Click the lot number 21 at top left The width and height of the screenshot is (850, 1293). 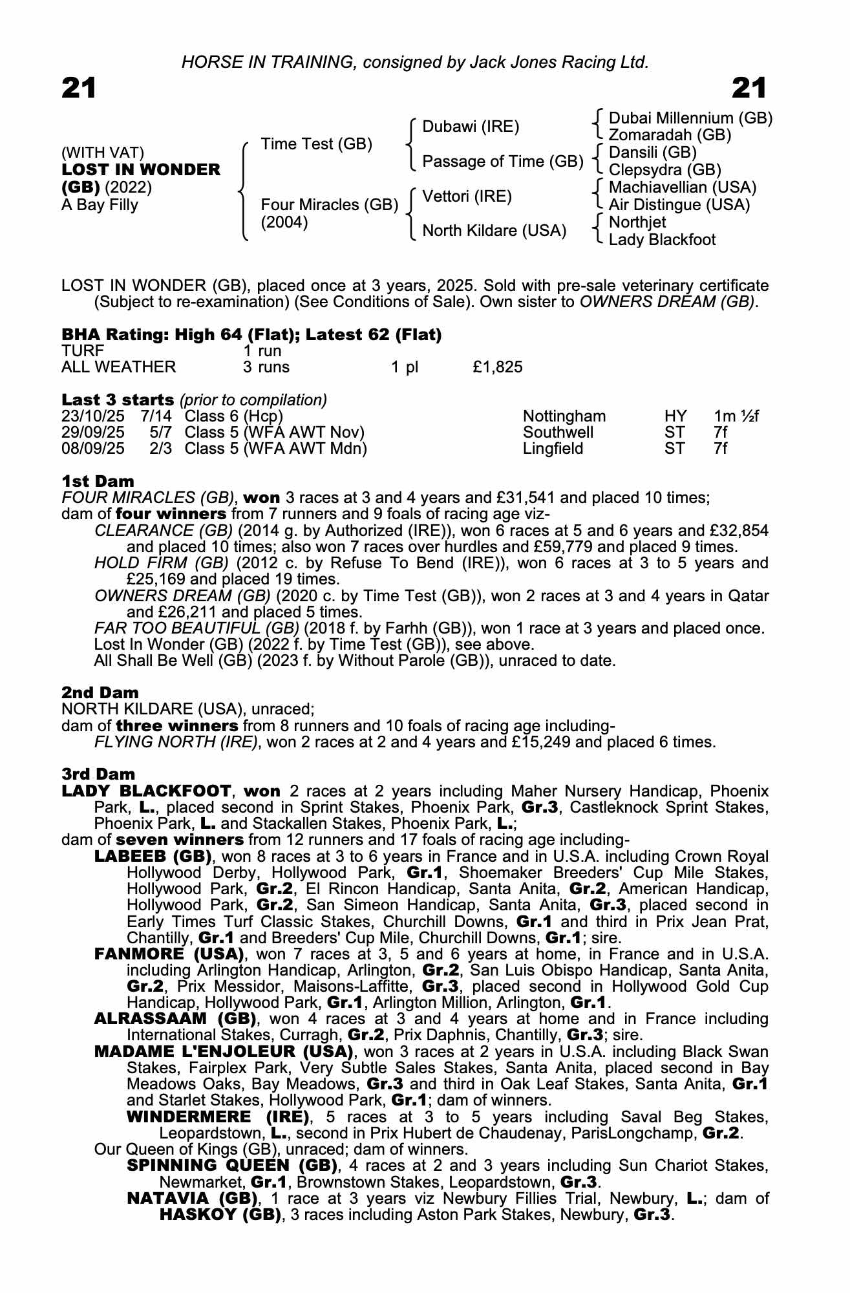click(79, 88)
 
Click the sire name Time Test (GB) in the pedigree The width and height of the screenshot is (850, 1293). click(316, 144)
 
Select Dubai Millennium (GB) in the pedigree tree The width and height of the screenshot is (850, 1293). click(690, 118)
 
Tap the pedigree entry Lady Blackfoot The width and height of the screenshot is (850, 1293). click(662, 240)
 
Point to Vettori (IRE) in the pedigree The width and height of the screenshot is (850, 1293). click(467, 196)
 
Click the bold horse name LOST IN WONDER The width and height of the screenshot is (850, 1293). click(141, 170)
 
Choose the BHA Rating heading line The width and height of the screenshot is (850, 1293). click(251, 334)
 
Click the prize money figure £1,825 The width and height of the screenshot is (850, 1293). click(497, 367)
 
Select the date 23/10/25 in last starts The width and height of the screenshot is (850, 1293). click(92, 416)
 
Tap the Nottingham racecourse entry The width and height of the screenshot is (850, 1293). click(564, 416)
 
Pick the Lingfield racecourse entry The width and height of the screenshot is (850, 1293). click(553, 449)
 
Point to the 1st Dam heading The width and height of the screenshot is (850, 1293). click(98, 481)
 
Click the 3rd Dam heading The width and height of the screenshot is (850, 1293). click(98, 774)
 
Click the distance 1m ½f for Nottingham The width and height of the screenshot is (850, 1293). click(736, 416)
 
